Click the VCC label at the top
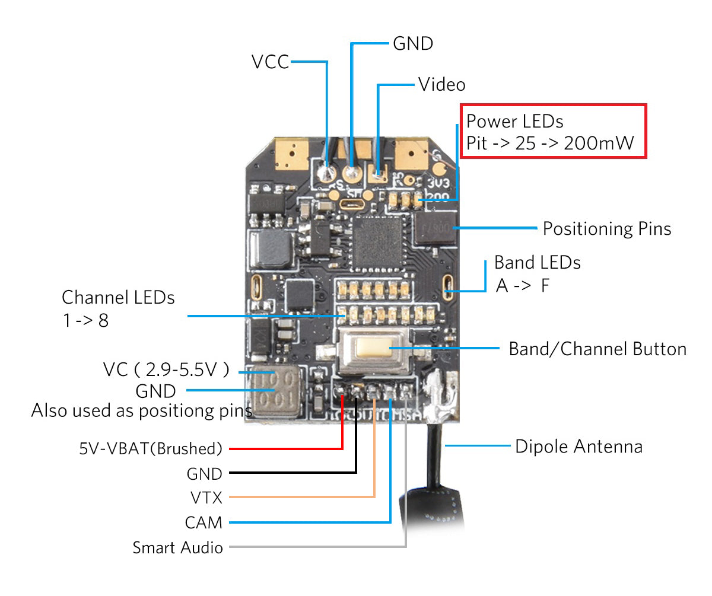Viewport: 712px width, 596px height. click(270, 62)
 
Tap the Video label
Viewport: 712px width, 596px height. click(441, 84)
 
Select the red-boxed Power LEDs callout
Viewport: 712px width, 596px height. click(553, 131)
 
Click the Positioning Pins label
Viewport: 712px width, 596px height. click(607, 229)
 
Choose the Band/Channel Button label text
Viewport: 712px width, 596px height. click(597, 349)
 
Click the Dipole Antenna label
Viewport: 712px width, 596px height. click(578, 446)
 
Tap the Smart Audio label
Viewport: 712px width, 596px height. click(177, 547)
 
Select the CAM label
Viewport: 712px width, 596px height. click(204, 522)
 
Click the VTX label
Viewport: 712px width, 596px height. click(206, 497)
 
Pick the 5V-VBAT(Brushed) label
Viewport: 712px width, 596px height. click(151, 448)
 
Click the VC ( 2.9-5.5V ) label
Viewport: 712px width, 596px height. click(166, 370)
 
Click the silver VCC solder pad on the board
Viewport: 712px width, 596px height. click(326, 173)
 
